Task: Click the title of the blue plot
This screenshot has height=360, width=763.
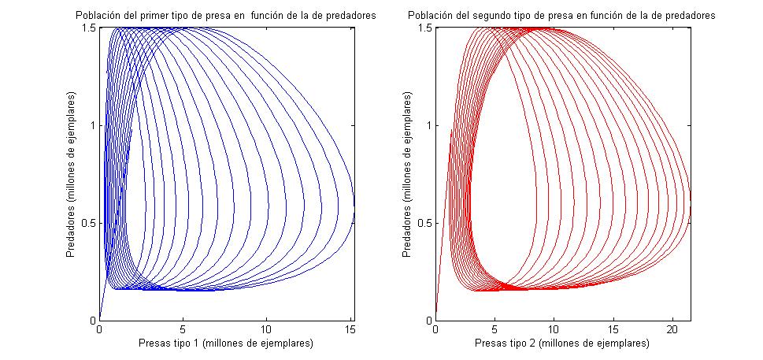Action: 224,16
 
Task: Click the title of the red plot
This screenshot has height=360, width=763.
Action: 562,16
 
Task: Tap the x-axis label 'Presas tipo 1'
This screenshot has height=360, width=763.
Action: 225,343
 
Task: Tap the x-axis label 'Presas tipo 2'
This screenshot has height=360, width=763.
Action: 562,343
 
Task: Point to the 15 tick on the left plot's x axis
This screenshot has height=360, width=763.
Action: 350,328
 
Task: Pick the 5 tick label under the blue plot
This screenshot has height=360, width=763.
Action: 183,328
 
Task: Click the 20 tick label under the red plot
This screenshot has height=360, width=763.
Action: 672,328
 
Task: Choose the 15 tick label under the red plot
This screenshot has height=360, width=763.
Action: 613,328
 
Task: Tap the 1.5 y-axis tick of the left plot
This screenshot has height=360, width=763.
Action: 89,28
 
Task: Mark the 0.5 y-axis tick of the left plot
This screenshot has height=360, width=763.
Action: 89,223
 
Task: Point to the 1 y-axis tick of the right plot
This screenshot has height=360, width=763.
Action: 429,125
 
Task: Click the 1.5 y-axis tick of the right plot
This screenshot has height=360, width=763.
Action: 425,28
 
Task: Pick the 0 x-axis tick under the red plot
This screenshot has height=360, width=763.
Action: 436,328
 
